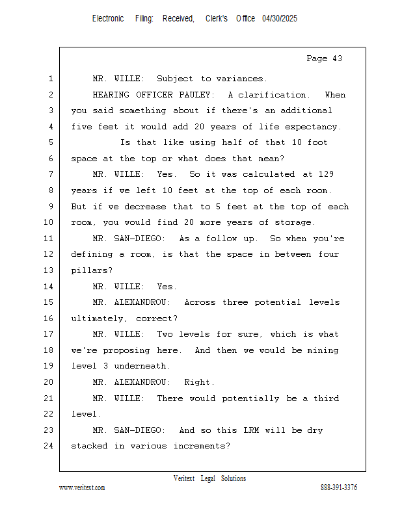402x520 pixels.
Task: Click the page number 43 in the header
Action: point(336,58)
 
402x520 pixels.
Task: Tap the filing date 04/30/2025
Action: point(280,19)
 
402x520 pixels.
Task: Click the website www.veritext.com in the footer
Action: point(82,487)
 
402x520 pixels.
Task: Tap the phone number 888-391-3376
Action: point(339,487)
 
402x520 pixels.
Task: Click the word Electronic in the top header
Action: point(108,19)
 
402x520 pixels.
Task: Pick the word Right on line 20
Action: point(198,382)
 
